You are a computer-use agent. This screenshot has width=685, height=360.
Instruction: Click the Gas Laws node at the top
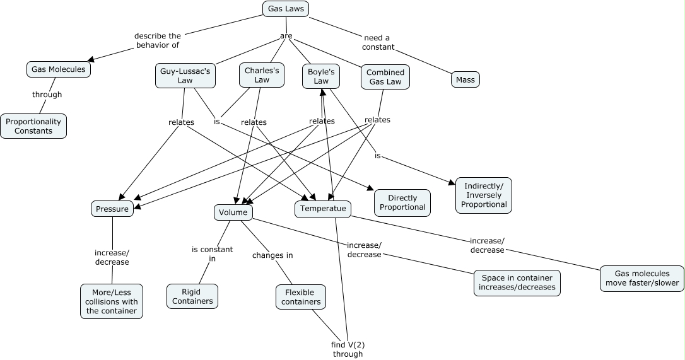286,9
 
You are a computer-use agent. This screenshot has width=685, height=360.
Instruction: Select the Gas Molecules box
59,69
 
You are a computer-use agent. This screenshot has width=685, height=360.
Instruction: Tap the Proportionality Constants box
33,126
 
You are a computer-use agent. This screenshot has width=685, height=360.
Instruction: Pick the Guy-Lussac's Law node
185,76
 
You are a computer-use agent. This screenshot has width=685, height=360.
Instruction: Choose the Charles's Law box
262,75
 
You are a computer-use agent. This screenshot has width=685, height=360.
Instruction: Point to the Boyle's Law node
321,76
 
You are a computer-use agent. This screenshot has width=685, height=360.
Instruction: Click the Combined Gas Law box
385,77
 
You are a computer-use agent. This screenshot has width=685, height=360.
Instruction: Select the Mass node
465,80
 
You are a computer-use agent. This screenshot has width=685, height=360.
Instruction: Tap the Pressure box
112,209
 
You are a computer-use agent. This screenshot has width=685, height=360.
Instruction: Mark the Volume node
233,212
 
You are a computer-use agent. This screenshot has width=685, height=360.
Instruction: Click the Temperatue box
323,209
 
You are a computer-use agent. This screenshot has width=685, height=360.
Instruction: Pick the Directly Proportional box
402,202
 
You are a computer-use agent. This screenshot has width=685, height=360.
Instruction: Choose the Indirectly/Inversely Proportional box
484,195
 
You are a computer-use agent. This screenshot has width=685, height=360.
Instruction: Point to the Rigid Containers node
192,296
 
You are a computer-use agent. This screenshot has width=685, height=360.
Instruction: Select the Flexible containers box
301,297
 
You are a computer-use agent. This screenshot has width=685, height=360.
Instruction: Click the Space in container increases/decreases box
517,282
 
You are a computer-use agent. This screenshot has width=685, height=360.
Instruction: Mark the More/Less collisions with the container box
112,301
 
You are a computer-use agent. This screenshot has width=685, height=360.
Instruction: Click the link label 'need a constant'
378,42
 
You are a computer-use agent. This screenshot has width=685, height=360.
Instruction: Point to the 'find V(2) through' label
348,349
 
